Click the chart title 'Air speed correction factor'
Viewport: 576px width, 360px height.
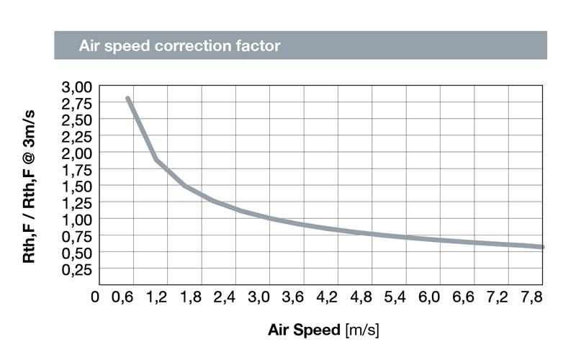pyautogui.click(x=179, y=45)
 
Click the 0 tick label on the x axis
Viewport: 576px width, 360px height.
pyautogui.click(x=95, y=296)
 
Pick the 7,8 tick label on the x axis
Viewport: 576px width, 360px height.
pyautogui.click(x=530, y=296)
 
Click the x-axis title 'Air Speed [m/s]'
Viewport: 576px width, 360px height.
pyautogui.click(x=323, y=330)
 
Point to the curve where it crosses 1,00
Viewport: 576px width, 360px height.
pyautogui.click(x=269, y=218)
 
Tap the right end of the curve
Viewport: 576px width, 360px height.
pyautogui.click(x=541, y=247)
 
